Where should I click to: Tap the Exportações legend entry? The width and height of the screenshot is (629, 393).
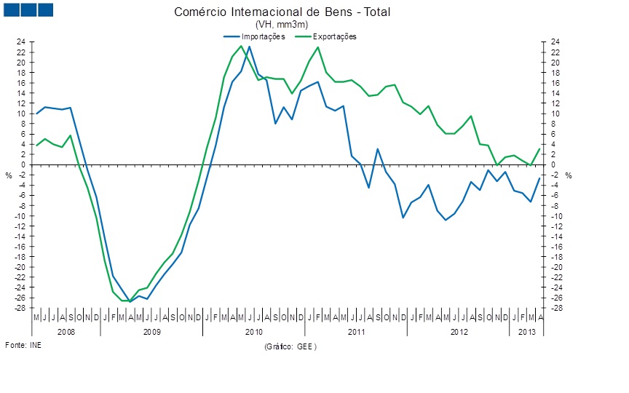click(x=334, y=36)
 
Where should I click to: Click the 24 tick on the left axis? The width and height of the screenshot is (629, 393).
click(x=22, y=42)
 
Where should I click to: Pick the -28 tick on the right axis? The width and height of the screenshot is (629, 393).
click(x=555, y=308)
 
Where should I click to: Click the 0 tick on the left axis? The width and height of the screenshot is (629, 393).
click(x=24, y=164)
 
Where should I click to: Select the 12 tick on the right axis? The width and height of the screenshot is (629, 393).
click(x=555, y=103)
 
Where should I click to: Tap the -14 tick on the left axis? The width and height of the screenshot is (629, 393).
click(x=21, y=236)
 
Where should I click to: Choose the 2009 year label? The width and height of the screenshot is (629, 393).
click(x=151, y=332)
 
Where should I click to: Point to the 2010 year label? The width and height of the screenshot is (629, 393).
click(x=254, y=332)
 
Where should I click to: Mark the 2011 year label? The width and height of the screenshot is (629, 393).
click(x=356, y=332)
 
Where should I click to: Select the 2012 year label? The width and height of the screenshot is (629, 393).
click(x=459, y=332)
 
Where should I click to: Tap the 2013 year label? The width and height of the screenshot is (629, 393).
click(x=526, y=332)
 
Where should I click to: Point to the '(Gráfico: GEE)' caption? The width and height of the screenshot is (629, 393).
click(x=291, y=347)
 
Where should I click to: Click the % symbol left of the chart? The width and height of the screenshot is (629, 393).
click(x=9, y=175)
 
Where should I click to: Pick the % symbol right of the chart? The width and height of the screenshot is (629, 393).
click(x=569, y=175)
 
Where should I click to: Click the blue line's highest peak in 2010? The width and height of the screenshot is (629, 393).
click(x=250, y=47)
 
